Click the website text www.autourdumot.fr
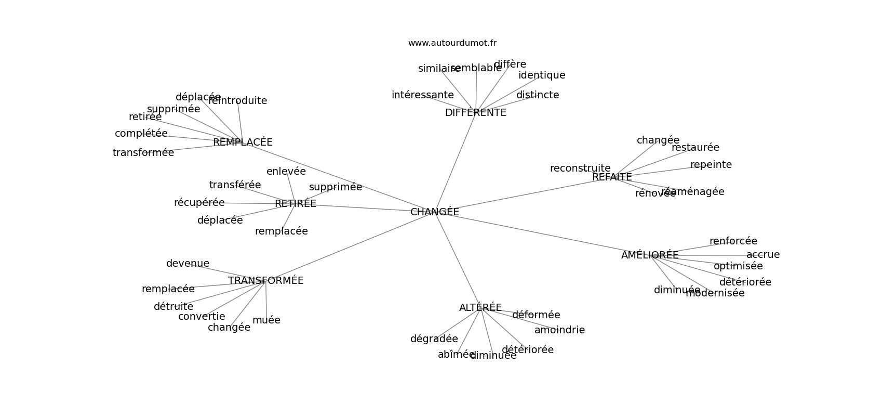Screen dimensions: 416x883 tap(452, 43)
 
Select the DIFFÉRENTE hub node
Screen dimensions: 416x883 tap(475, 113)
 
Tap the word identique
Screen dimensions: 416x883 tap(542, 75)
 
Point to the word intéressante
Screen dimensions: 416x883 tap(422, 95)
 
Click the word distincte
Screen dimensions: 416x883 tap(538, 95)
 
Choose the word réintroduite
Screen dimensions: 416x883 tap(238, 101)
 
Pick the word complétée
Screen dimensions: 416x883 tap(141, 134)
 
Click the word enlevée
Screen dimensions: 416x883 tap(286, 172)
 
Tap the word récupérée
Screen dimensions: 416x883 tap(199, 203)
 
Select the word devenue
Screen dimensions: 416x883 tap(188, 264)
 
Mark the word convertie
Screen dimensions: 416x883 tap(202, 317)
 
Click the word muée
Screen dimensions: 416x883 tap(266, 320)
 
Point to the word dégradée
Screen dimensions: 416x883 tap(434, 339)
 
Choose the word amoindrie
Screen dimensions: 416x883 tap(559, 330)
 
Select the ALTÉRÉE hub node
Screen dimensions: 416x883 tap(480, 308)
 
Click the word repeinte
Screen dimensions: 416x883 tap(711, 165)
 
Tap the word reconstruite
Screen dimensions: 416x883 tap(580, 168)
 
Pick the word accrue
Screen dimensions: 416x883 tap(763, 255)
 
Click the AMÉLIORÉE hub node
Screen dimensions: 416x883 tap(650, 255)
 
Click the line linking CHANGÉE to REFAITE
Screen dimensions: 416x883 tap(519, 196)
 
